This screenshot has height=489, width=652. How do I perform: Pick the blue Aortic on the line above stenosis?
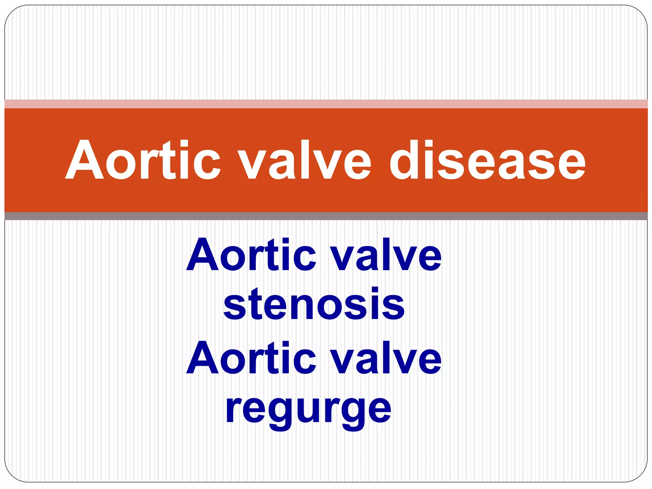click(x=251, y=255)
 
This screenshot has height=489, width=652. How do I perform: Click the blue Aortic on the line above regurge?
click(x=251, y=358)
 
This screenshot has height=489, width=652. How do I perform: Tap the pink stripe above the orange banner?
click(x=326, y=104)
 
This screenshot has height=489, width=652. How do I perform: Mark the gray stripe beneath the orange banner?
click(x=326, y=216)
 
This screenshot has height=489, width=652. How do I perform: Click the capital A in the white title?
click(x=84, y=160)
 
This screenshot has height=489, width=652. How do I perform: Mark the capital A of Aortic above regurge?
click(x=204, y=358)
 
